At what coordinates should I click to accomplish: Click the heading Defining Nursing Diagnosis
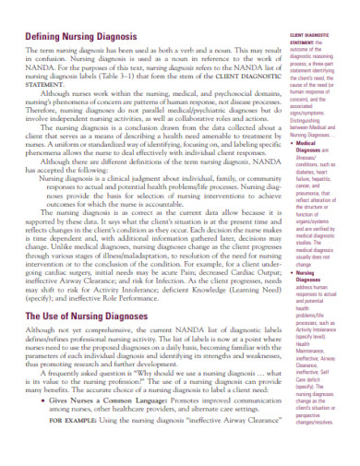pyautogui.click(x=81, y=36)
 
